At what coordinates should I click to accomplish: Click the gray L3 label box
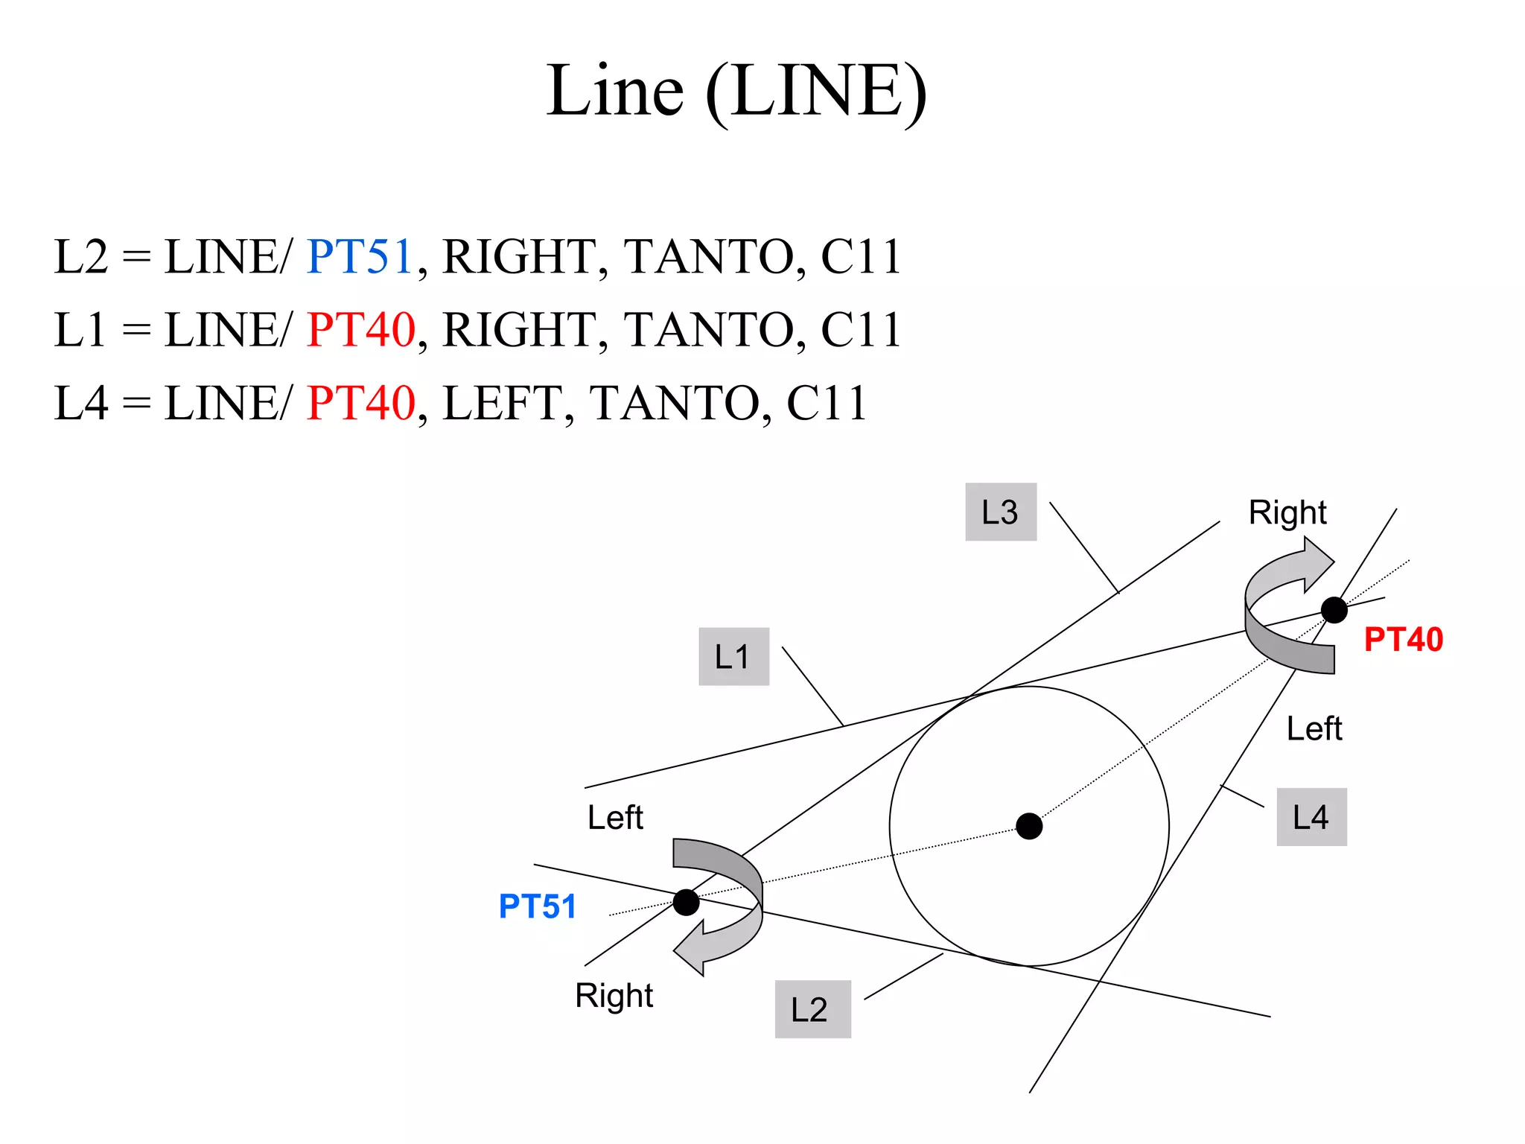pos(1000,512)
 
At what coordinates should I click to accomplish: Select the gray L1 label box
pos(733,656)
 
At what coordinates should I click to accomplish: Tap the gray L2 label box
pos(812,1009)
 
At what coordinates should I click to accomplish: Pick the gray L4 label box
pos(1311,817)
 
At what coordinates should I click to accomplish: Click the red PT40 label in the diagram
pos(1403,640)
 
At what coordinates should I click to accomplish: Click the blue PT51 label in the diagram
pos(537,906)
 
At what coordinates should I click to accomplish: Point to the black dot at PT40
pos(1334,609)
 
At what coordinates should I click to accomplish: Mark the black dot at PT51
pos(686,902)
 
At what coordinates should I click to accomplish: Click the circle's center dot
pos(1029,826)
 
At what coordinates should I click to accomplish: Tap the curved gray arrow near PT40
pos(1284,611)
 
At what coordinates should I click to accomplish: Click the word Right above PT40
pos(1287,512)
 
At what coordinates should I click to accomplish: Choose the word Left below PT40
pos(1314,728)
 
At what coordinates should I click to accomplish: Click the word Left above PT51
pos(615,817)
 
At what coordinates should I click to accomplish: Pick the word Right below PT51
pos(614,996)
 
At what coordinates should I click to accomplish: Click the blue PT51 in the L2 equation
pos(360,257)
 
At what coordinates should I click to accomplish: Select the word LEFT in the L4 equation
pos(503,403)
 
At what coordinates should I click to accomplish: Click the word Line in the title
pos(615,91)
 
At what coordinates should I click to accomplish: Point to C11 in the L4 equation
pos(827,403)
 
